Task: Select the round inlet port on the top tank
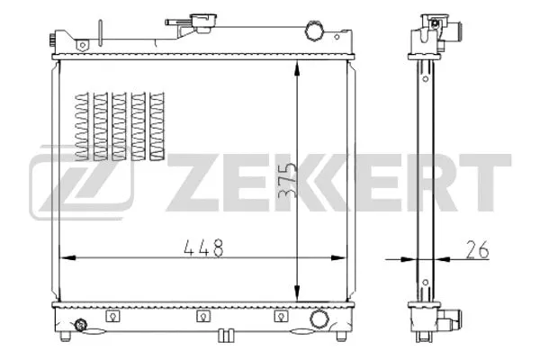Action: [x=314, y=31]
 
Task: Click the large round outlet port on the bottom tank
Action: [x=318, y=319]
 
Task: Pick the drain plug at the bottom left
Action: [x=82, y=326]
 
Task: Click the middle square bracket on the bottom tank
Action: [x=203, y=316]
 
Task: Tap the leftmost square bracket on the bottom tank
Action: [x=112, y=316]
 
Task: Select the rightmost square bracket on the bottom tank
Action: [x=282, y=316]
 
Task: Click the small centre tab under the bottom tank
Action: [x=226, y=338]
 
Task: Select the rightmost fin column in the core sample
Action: [x=159, y=126]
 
